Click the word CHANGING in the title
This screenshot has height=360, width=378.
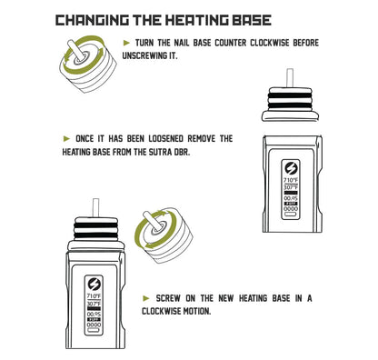92,20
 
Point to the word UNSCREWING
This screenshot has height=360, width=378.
144,55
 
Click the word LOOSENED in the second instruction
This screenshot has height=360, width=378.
165,139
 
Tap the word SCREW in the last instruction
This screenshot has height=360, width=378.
168,298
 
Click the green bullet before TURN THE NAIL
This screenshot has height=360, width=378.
126,43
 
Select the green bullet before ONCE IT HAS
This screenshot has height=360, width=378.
66,139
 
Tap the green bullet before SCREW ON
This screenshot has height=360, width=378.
146,298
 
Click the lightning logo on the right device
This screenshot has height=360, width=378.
291,168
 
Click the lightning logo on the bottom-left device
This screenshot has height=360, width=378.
94,285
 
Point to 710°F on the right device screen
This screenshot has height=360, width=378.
291,180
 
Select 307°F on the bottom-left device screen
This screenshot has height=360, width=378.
94,304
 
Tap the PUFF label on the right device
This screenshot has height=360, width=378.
291,204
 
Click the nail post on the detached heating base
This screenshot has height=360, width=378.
290,79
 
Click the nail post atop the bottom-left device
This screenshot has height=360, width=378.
95,208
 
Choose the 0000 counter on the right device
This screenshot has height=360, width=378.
291,209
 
